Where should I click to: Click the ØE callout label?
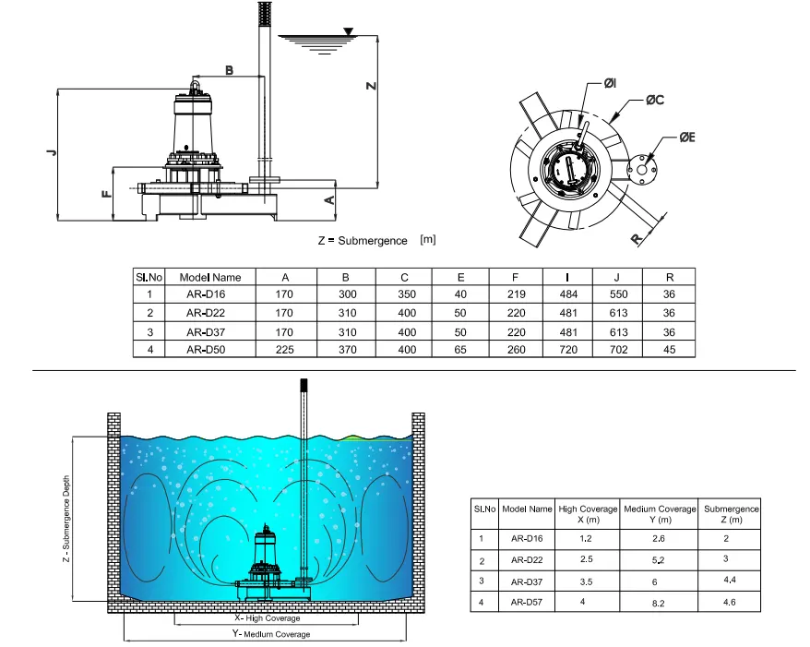point(687,138)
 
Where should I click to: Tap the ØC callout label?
point(654,100)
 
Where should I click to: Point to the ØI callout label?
point(610,83)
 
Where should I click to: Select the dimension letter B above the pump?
point(230,70)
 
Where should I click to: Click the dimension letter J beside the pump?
point(51,151)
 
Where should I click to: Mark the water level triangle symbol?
point(349,32)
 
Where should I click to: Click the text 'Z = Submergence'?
point(363,241)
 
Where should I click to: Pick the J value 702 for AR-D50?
point(618,350)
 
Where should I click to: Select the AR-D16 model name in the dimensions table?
point(206,294)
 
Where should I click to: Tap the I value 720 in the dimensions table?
point(568,350)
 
